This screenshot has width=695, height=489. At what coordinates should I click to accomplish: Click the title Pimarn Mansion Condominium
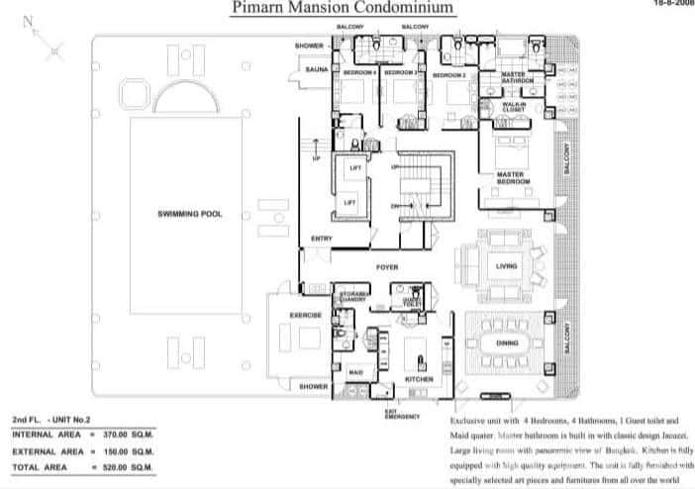click(x=343, y=9)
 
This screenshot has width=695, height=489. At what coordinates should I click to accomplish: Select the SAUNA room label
click(x=316, y=70)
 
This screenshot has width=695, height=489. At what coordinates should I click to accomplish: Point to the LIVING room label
click(x=506, y=265)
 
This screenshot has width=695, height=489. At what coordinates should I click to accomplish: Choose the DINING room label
click(x=507, y=343)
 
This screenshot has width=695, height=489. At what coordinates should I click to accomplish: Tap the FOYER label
click(x=386, y=268)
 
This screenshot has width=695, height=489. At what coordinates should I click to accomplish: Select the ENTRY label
click(x=321, y=239)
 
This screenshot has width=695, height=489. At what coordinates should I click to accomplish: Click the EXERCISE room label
click(x=304, y=315)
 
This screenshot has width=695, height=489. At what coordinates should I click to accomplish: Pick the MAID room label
click(x=354, y=372)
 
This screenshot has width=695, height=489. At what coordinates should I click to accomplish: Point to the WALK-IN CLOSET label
click(x=513, y=105)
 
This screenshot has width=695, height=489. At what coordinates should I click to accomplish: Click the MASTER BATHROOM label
click(x=517, y=77)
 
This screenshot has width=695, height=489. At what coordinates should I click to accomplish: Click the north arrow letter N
click(x=27, y=19)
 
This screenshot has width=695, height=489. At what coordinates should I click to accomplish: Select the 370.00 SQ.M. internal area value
click(x=129, y=434)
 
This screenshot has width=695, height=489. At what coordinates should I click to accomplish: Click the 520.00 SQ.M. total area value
click(x=129, y=465)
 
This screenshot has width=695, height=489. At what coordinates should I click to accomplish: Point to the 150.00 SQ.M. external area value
click(x=129, y=449)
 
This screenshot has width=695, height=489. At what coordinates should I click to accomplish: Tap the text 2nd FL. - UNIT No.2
click(x=51, y=420)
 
